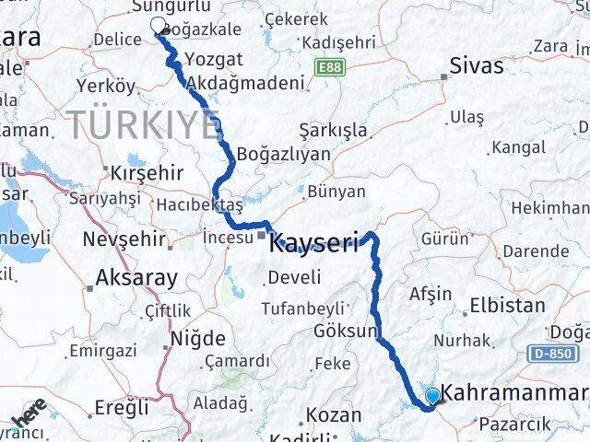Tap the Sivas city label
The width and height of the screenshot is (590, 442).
click(477, 66)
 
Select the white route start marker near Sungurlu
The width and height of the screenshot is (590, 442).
click(158, 26)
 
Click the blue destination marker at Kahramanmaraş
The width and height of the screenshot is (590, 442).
click(432, 397)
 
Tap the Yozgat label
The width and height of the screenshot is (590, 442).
click(213, 59)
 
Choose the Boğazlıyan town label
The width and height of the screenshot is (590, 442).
click(283, 154)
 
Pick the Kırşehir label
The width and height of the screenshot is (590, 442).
click(147, 172)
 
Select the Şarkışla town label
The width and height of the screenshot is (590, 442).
click(333, 130)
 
